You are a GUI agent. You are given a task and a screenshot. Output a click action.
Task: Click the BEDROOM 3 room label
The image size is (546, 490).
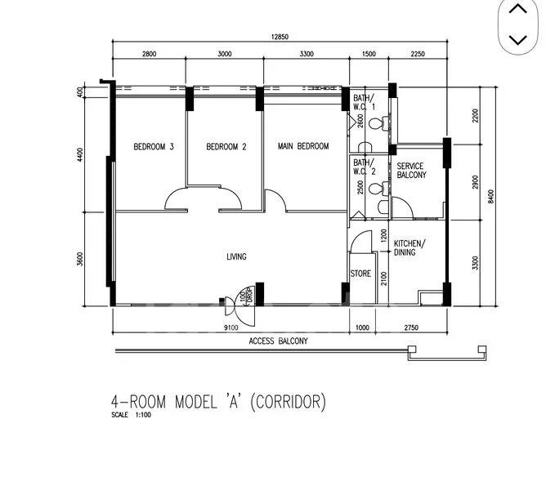click(154, 147)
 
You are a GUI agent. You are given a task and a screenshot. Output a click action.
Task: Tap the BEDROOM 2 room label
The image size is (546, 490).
click(226, 147)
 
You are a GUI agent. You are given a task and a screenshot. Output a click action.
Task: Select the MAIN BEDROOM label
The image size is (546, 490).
click(303, 146)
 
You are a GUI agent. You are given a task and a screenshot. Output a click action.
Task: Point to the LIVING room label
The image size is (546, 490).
click(236, 257)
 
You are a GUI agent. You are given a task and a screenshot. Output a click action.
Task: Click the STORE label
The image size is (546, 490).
click(360, 274)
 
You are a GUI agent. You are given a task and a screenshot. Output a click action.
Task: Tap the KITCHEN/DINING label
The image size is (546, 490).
click(409, 248)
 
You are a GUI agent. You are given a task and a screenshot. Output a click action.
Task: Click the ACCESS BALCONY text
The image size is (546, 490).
click(279, 341)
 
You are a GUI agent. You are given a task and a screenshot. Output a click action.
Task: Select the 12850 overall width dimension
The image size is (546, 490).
click(284, 37)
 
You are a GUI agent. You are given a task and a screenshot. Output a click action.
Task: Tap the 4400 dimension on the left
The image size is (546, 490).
click(80, 155)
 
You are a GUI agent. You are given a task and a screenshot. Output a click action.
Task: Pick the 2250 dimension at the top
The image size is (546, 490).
click(418, 55)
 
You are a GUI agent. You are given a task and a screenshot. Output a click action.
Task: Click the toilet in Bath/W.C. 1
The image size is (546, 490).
click(375, 124)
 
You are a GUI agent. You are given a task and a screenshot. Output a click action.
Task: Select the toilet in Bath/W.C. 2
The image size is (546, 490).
click(375, 189)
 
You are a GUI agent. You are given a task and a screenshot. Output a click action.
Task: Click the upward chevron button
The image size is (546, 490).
click(517, 11)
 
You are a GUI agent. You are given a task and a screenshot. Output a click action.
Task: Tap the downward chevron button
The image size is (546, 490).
click(517, 38)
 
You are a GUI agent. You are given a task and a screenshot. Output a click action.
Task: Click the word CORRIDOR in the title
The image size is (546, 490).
click(288, 402)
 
